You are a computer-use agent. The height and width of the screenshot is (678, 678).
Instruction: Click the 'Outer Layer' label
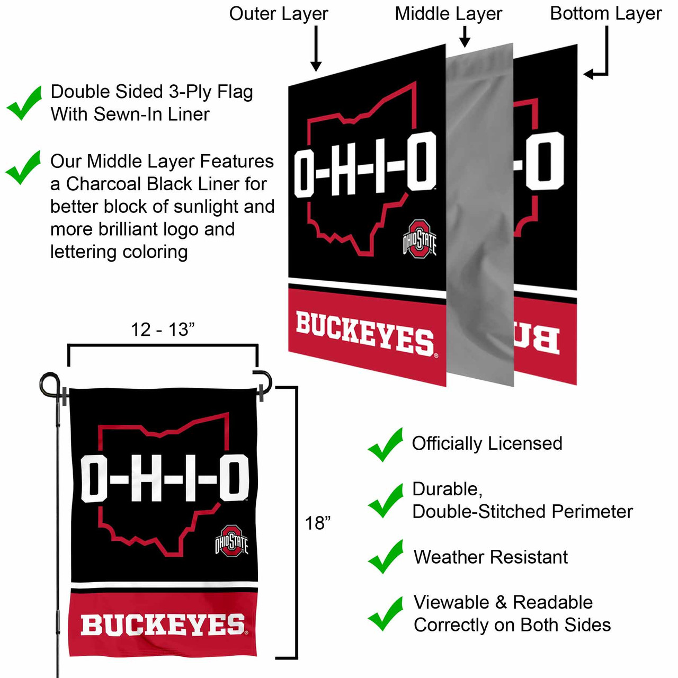279,14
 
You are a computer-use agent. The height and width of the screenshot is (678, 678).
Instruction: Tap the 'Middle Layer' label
448,14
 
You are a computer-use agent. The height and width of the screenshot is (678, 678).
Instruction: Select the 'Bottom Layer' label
605,14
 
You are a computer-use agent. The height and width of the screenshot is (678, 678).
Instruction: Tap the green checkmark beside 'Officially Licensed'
385,445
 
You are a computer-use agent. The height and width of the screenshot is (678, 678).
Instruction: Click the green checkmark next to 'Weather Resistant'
385,557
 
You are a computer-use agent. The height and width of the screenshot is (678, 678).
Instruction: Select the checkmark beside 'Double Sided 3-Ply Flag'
24,103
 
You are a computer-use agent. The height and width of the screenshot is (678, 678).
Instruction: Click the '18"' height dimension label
317,523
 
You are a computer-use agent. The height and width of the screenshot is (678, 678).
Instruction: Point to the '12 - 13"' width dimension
163,329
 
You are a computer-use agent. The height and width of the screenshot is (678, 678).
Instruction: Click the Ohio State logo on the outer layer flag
420,239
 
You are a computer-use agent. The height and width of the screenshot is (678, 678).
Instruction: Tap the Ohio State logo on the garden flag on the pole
231,541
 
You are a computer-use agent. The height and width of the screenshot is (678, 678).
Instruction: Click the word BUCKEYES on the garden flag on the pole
163,625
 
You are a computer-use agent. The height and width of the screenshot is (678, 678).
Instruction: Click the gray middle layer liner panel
480,212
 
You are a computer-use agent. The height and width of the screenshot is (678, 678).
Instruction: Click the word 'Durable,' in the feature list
447,489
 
